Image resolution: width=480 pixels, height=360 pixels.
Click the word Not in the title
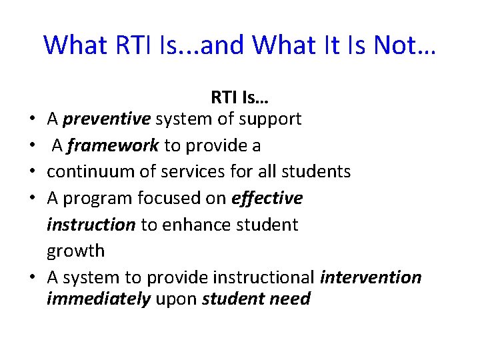397,45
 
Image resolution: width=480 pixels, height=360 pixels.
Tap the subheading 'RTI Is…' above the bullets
239,97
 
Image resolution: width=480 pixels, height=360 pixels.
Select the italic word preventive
107,119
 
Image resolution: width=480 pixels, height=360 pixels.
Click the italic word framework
114,145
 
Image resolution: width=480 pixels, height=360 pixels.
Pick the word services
189,171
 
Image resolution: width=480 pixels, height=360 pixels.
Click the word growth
75,251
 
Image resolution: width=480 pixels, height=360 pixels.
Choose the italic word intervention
371,277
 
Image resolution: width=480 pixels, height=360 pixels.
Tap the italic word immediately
98,299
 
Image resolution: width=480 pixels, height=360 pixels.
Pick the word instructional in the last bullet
264,277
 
